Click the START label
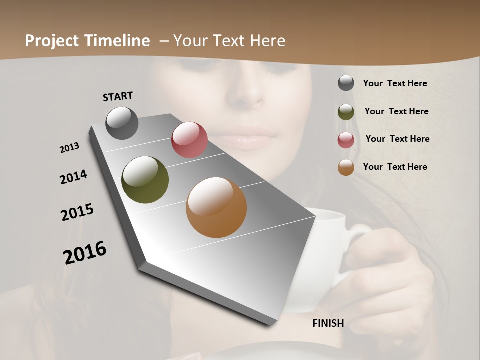(118, 96)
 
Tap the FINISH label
(328, 323)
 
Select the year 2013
(69, 148)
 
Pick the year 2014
(73, 177)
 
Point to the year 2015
(77, 212)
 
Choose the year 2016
(85, 253)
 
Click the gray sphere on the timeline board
(122, 123)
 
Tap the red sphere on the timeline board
(189, 140)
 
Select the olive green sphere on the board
(145, 180)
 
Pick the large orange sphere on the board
(216, 207)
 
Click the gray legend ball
(346, 83)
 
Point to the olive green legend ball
(346, 112)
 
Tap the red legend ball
(346, 140)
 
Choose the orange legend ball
(346, 167)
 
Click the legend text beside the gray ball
(395, 83)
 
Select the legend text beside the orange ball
(395, 167)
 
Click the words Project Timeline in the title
(87, 41)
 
